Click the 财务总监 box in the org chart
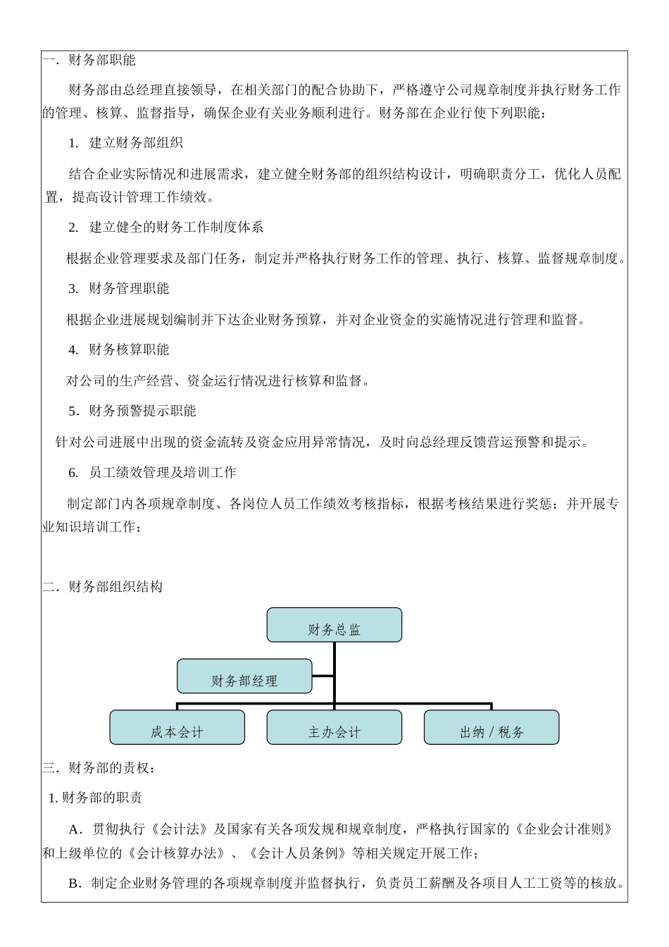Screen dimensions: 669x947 tap(334, 625)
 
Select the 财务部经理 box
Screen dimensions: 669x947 tap(244, 676)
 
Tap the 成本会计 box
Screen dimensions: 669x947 tap(177, 727)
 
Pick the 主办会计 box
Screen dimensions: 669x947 tap(334, 727)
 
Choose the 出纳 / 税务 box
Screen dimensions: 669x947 tap(492, 727)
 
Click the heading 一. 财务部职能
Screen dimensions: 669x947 tap(89, 61)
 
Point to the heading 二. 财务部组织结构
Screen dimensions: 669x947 tap(103, 587)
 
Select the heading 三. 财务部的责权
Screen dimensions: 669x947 tap(99, 768)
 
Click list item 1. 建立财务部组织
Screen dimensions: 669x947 tap(126, 143)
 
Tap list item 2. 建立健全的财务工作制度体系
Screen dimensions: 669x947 tap(166, 227)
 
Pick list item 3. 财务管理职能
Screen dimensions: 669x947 tap(119, 288)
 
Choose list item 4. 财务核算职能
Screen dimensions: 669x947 tap(119, 349)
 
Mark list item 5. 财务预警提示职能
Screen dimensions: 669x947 tap(132, 411)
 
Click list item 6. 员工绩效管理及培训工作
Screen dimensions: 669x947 tap(153, 472)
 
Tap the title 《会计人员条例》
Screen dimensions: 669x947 tap(299, 854)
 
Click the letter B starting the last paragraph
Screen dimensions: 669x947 tap(74, 884)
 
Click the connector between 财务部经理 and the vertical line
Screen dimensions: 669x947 tap(323, 676)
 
